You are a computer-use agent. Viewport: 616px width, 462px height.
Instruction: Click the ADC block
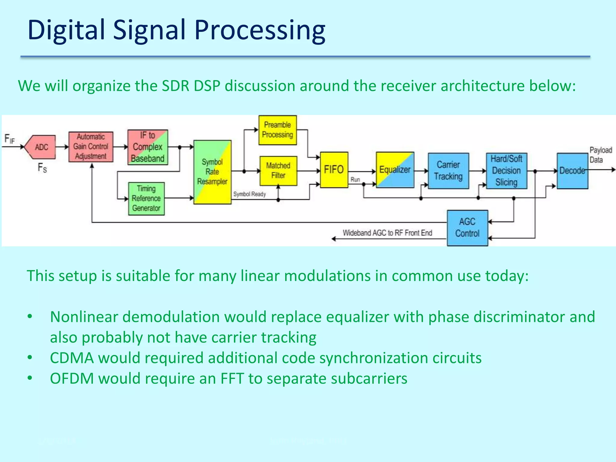[41, 147]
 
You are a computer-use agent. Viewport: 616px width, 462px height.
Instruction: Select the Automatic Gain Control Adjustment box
[91, 147]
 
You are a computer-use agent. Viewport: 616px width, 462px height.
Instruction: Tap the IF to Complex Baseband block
[148, 147]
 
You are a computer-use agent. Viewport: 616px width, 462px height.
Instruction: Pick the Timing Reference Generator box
[146, 199]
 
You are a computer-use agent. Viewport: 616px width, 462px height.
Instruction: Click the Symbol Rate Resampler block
[212, 172]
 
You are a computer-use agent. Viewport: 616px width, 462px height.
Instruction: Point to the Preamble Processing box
[277, 130]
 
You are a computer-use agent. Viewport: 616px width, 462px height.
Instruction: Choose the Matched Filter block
[278, 171]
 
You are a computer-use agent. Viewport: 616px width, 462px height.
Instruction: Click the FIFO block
[334, 170]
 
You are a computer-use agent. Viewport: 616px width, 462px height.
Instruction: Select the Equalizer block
[395, 170]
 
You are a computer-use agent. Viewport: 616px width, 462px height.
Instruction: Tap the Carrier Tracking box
[448, 171]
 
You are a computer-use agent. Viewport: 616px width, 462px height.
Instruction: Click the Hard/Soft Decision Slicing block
[507, 171]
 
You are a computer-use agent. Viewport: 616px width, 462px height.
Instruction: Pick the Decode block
[572, 171]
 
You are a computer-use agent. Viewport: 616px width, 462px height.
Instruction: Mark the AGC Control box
[467, 228]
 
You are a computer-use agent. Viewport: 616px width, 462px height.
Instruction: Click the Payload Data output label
[600, 155]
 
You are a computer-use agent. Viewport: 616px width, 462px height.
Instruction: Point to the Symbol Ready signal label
[249, 194]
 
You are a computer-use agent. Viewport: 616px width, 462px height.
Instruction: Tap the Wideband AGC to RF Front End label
[387, 233]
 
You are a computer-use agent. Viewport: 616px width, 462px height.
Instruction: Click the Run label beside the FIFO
[355, 180]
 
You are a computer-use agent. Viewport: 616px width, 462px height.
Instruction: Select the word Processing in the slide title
[260, 30]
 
